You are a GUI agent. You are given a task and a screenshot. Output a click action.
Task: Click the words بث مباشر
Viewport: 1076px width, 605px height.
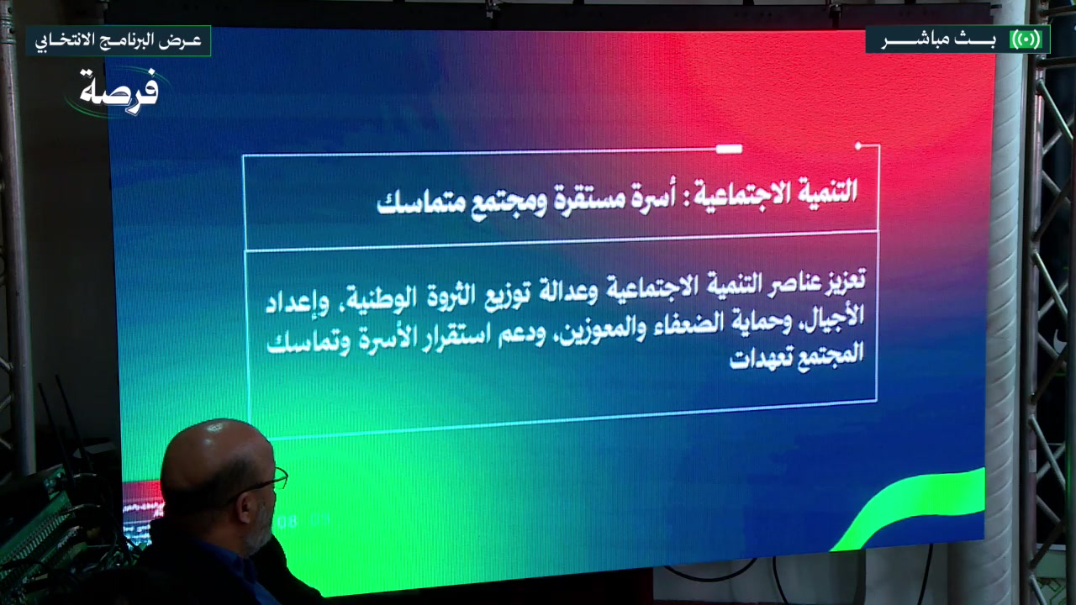pos(938,40)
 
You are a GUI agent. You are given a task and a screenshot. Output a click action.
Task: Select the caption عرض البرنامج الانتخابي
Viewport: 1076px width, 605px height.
pos(118,40)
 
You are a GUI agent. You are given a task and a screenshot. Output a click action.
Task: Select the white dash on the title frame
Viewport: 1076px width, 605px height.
pos(728,149)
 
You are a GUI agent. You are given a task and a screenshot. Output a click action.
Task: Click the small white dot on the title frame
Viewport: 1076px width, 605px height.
pos(858,146)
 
